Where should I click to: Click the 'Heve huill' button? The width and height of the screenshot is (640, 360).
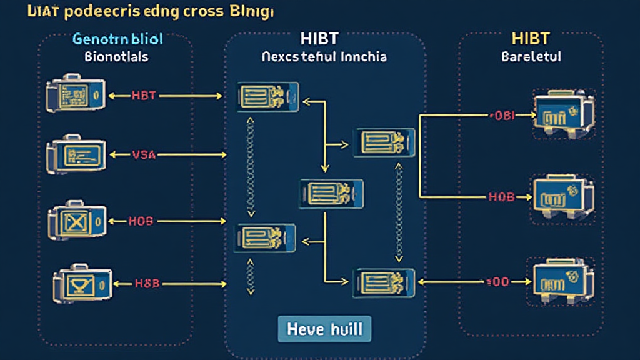coord(324,328)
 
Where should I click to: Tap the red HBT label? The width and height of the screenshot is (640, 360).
coord(144,96)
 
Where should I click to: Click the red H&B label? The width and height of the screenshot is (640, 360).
coord(147,283)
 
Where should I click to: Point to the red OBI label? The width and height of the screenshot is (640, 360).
coord(500,116)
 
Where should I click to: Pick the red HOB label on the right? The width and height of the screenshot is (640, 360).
coord(501,197)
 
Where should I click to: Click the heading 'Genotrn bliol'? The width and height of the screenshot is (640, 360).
coord(117,39)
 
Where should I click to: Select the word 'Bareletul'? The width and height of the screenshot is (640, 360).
coord(531,57)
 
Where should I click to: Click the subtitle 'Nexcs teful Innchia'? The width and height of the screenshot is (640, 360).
coord(324,57)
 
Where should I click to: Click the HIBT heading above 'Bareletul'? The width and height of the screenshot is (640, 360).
coord(531,38)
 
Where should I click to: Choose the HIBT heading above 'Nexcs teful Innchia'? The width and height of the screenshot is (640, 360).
coord(324,38)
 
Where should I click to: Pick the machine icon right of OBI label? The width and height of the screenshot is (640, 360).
coord(559,113)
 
